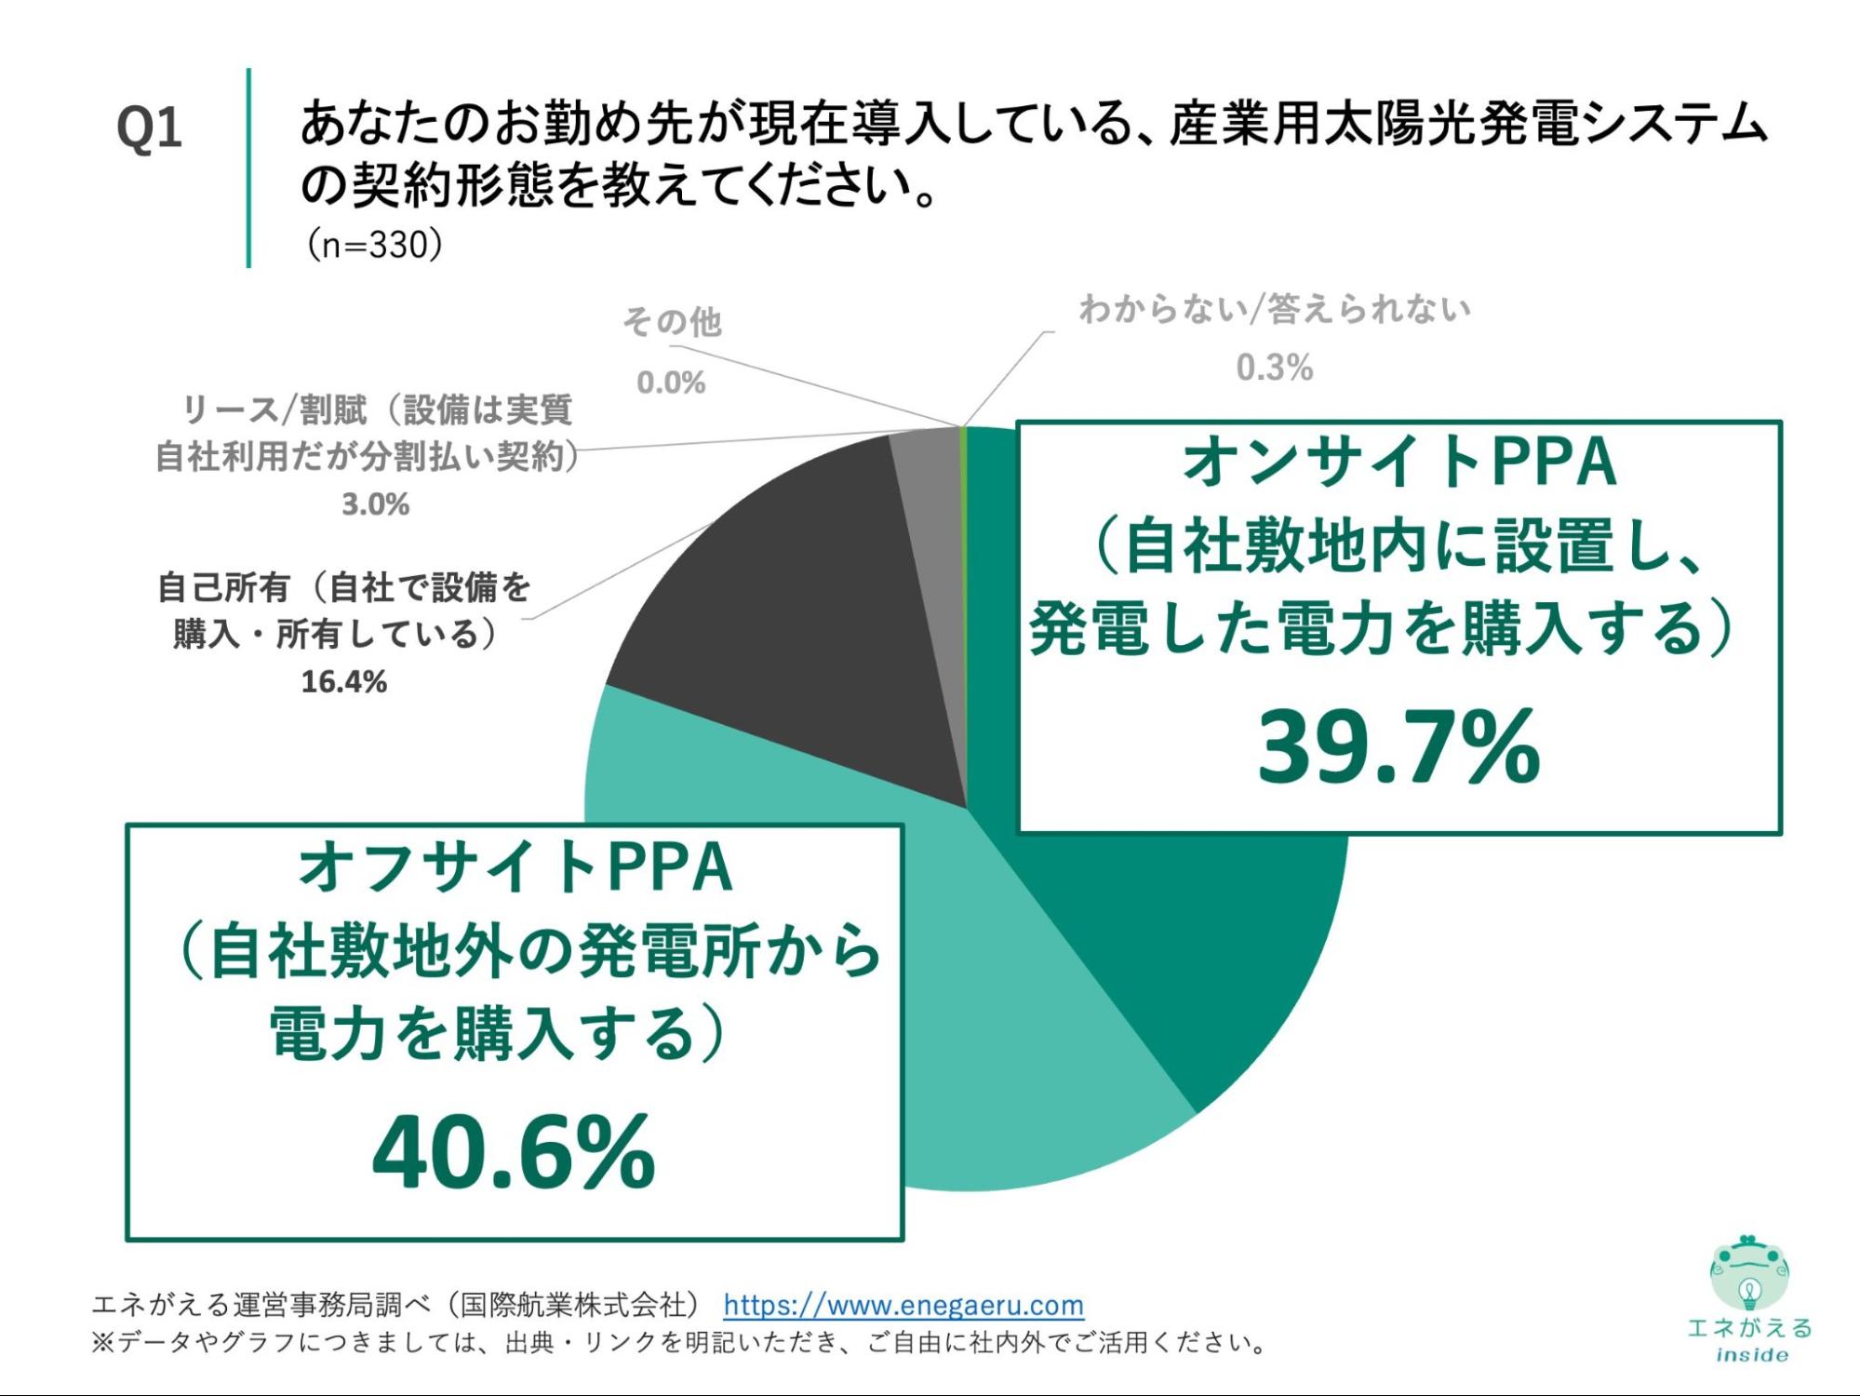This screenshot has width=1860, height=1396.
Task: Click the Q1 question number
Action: pos(149,128)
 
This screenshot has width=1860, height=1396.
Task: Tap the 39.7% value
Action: pos(1398,746)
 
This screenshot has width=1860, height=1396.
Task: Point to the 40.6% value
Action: pos(514,1154)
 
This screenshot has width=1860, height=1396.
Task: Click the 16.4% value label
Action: pos(343,682)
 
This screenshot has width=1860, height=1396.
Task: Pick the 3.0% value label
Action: pos(375,504)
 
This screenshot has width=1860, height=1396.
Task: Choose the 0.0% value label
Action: pos(671,383)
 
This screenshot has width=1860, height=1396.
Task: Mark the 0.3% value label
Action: pos(1274,369)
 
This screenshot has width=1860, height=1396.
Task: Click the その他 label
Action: pos(672,322)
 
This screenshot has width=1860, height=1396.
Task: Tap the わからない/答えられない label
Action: pos(1275,309)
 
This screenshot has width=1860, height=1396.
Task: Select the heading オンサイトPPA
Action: pos(1398,463)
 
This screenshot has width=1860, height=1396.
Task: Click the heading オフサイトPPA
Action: pos(515,868)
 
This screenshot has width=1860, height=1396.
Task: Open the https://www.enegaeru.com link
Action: pos(903,1305)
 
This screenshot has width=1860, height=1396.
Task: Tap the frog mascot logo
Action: pos(1749,1273)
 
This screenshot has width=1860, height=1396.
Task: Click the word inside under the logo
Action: pos(1751,1355)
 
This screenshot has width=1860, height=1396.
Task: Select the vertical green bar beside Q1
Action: pos(248,168)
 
